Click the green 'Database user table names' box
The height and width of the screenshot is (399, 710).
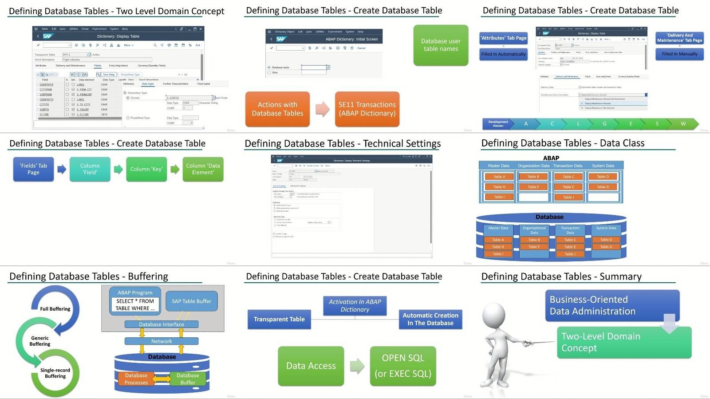[441, 45]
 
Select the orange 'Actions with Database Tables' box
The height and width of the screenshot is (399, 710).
[277, 109]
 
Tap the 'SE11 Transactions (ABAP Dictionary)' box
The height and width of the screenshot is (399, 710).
[367, 109]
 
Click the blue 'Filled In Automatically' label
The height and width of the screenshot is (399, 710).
[503, 54]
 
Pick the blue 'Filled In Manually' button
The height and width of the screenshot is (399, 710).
[679, 54]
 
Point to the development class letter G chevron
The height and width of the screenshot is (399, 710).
[604, 124]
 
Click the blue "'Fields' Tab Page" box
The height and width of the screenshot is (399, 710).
[33, 169]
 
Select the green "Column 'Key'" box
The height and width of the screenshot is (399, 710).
[146, 169]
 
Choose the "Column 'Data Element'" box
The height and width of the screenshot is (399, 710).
[203, 169]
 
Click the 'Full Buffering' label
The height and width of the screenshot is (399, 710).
[55, 309]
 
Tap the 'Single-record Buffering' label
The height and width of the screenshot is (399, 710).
[55, 373]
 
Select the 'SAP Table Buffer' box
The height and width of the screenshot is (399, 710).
[191, 301]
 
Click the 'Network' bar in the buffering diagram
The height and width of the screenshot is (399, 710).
[162, 341]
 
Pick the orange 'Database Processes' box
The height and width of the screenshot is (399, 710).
[136, 379]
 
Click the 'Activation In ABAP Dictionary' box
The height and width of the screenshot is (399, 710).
[355, 305]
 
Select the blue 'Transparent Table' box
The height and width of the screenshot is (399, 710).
[279, 319]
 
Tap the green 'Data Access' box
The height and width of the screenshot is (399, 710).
[311, 366]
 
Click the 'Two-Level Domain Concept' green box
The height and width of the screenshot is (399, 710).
[623, 342]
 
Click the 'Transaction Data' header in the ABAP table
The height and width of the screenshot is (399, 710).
[568, 166]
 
